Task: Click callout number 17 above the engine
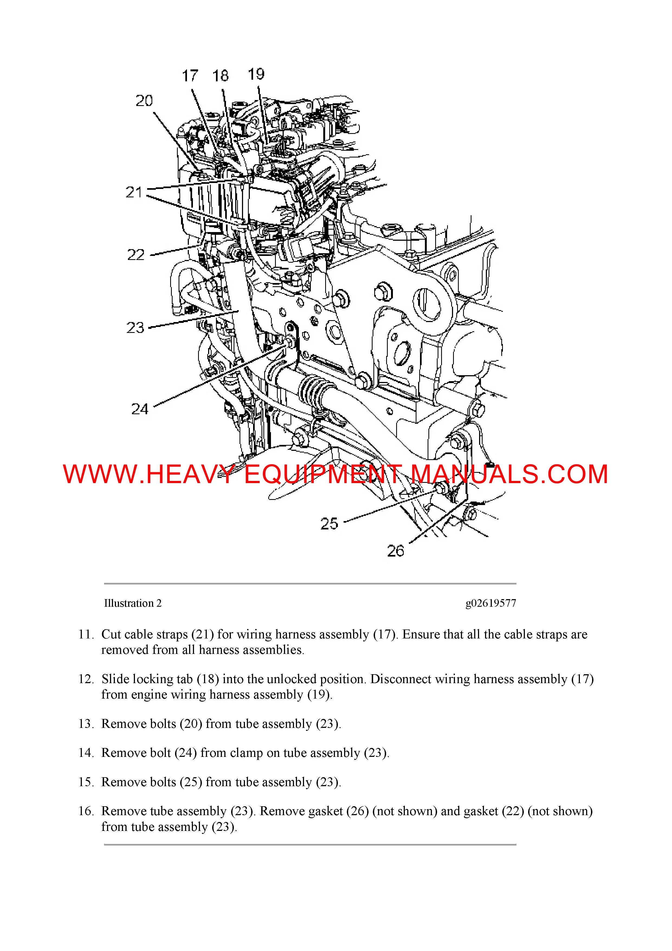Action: click(190, 76)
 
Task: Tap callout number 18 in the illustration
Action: click(220, 76)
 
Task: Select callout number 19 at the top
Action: click(256, 74)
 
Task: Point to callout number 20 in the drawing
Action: click(144, 101)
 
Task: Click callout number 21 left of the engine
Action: click(134, 192)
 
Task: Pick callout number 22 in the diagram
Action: click(136, 255)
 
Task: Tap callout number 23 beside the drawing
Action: click(135, 328)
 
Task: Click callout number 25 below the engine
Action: click(329, 523)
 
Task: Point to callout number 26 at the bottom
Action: click(395, 551)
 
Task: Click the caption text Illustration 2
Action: click(133, 603)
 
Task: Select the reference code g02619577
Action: click(491, 603)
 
